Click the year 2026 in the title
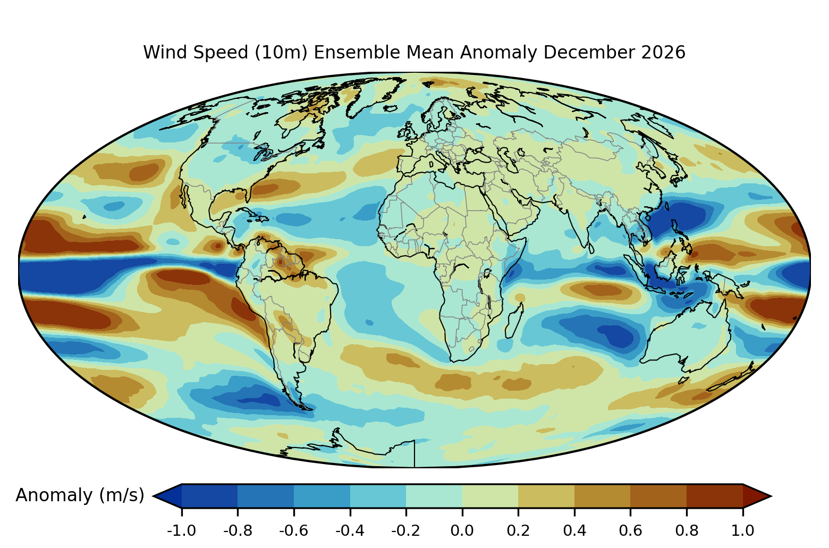pyautogui.click(x=663, y=52)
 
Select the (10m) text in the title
pyautogui.click(x=281, y=53)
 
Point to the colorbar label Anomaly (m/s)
pyautogui.click(x=80, y=495)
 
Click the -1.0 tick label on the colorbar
pyautogui.click(x=181, y=531)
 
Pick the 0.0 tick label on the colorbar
pyautogui.click(x=462, y=531)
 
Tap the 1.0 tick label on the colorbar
pyautogui.click(x=742, y=531)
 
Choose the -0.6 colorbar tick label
pyautogui.click(x=293, y=531)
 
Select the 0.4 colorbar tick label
pyautogui.click(x=574, y=531)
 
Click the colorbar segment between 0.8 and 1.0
pyautogui.click(x=715, y=496)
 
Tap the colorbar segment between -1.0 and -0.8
pyautogui.click(x=209, y=496)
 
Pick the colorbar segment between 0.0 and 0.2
pyautogui.click(x=490, y=496)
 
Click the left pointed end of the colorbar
pyautogui.click(x=153, y=496)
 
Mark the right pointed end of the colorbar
pyautogui.click(x=771, y=496)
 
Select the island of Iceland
pyautogui.click(x=390, y=108)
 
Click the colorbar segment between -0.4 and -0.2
pyautogui.click(x=378, y=496)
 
